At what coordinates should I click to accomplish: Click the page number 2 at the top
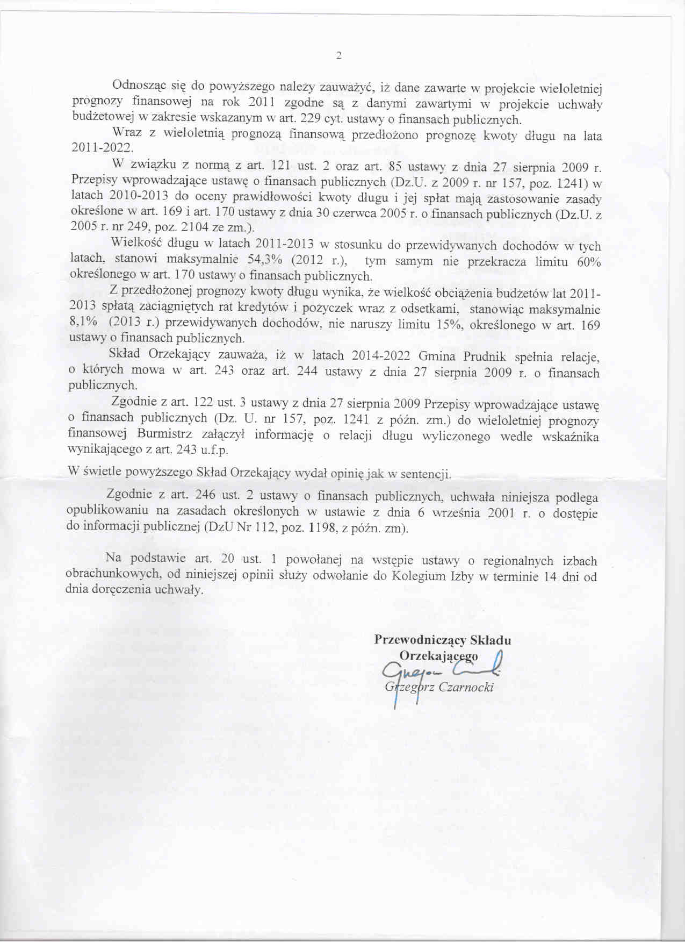(338, 55)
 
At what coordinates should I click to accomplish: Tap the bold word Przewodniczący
(420, 640)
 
